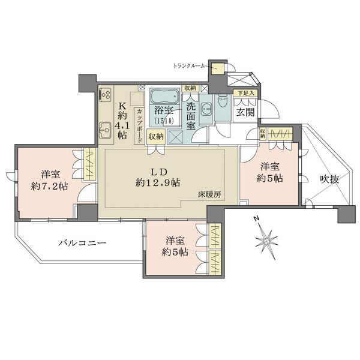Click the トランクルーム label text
click(188, 67)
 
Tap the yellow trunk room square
click(218, 68)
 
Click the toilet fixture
click(222, 101)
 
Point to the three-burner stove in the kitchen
click(106, 94)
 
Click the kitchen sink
click(105, 130)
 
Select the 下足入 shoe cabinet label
click(245, 93)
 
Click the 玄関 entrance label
click(245, 112)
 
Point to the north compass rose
click(267, 241)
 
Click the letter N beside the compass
click(256, 218)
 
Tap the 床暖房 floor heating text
click(210, 194)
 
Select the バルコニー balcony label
click(82, 242)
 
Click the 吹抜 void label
click(329, 179)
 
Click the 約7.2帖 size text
click(50, 186)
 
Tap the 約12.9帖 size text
click(158, 183)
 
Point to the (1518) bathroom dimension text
click(164, 121)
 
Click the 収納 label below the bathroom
click(156, 137)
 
